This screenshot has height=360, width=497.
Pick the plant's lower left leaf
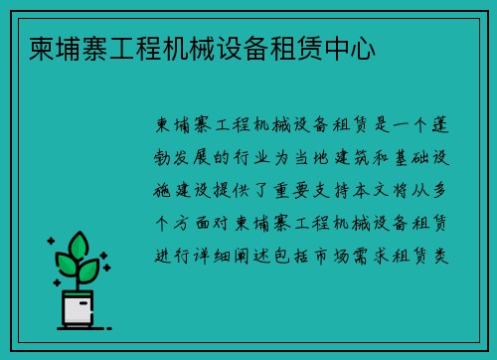click(x=65, y=265)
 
